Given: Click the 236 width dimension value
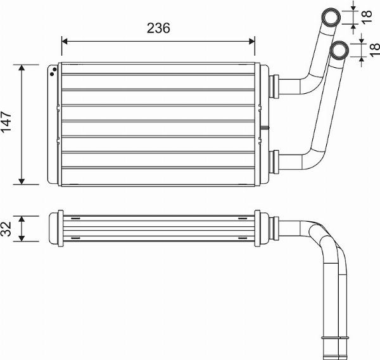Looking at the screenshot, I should [158, 29].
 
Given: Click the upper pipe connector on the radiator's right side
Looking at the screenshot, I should [275, 85].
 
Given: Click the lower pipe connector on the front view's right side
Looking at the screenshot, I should [275, 162].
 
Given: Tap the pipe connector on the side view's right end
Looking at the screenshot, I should [276, 228].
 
